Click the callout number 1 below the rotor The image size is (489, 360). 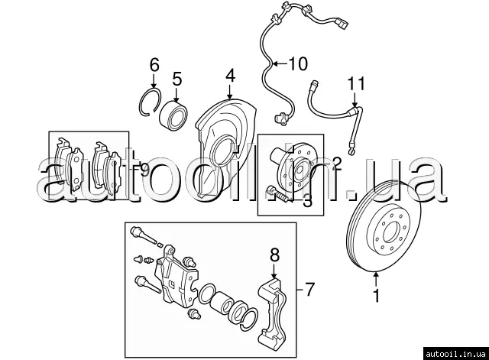[375, 292]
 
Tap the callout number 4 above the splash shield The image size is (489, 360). [229, 76]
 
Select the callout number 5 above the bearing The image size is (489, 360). [176, 78]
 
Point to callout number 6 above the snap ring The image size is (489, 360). [154, 65]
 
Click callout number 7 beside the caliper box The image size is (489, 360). [309, 290]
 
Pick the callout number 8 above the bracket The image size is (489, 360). [275, 255]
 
